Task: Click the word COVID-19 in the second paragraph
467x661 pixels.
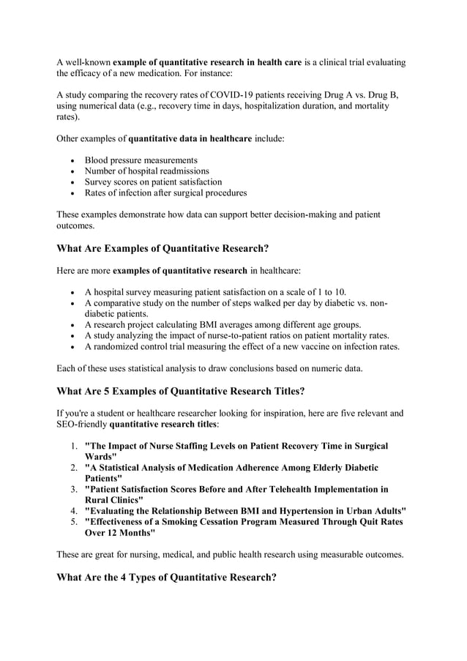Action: [x=231, y=94]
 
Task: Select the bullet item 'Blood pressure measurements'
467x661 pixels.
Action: [x=141, y=160]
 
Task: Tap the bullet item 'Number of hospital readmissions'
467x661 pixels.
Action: [x=146, y=171]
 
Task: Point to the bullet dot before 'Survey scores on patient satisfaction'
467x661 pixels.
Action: [x=72, y=182]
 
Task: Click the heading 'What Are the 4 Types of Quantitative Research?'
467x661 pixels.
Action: [x=166, y=577]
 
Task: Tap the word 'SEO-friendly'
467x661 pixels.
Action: [x=82, y=424]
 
